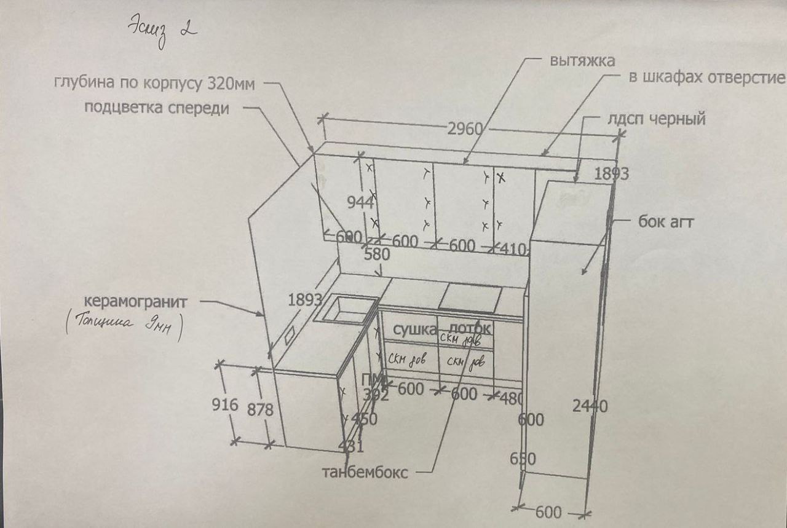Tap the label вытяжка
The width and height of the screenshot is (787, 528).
point(582,61)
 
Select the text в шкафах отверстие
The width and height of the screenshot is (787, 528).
point(706,78)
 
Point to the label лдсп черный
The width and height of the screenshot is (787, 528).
point(656,119)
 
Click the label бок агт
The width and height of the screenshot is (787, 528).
point(666,222)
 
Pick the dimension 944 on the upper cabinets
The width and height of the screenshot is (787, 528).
point(360,202)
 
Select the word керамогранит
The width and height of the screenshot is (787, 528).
point(135,302)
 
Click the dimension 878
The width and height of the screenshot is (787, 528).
point(261,409)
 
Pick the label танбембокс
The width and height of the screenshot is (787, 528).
point(365,473)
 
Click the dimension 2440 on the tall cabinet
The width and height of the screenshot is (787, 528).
point(590,406)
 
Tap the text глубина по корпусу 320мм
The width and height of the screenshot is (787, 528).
point(154,83)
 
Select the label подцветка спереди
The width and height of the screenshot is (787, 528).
point(157,108)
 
